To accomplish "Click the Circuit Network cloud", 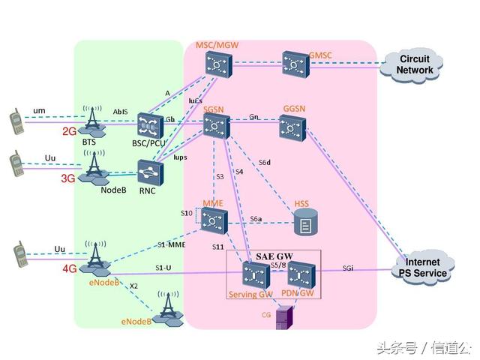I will click(x=415, y=65).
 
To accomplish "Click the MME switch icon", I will click(x=214, y=220).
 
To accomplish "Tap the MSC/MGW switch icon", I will click(x=217, y=67).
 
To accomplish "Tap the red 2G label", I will click(x=69, y=131).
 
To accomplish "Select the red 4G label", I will click(x=70, y=268).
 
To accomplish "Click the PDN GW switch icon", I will click(x=298, y=275).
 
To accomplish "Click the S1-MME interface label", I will click(x=172, y=245).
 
